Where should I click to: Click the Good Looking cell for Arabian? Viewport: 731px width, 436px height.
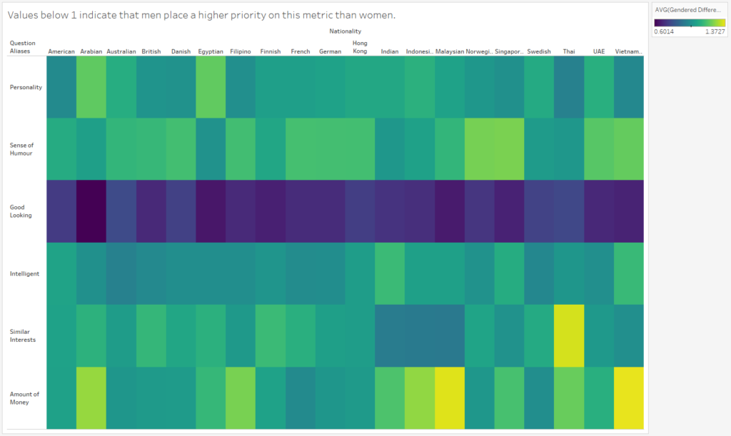tap(91, 211)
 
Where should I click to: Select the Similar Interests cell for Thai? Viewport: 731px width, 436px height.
tap(569, 335)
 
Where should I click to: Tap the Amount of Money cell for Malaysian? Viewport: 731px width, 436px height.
tap(450, 397)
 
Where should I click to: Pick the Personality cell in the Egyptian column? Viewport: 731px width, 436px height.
tap(211, 87)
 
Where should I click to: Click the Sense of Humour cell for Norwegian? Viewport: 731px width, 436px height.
tap(480, 149)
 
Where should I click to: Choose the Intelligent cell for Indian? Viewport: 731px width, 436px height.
tap(390, 273)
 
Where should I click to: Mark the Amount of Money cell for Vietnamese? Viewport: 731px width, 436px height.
tap(628, 397)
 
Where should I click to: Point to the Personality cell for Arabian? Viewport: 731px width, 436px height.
tap(91, 87)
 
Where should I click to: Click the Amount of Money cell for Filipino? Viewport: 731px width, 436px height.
tap(241, 397)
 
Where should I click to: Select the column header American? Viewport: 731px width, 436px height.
tap(61, 51)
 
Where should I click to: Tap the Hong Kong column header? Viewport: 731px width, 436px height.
tap(360, 47)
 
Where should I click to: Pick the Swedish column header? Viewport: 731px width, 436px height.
tap(538, 51)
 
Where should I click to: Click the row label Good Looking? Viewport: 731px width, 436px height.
tap(21, 211)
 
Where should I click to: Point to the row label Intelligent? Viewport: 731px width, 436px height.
tap(25, 273)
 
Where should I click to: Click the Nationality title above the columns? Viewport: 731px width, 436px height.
tap(345, 31)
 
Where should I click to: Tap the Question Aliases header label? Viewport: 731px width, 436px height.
tap(22, 47)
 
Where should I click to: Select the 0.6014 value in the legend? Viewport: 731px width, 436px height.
tap(665, 31)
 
